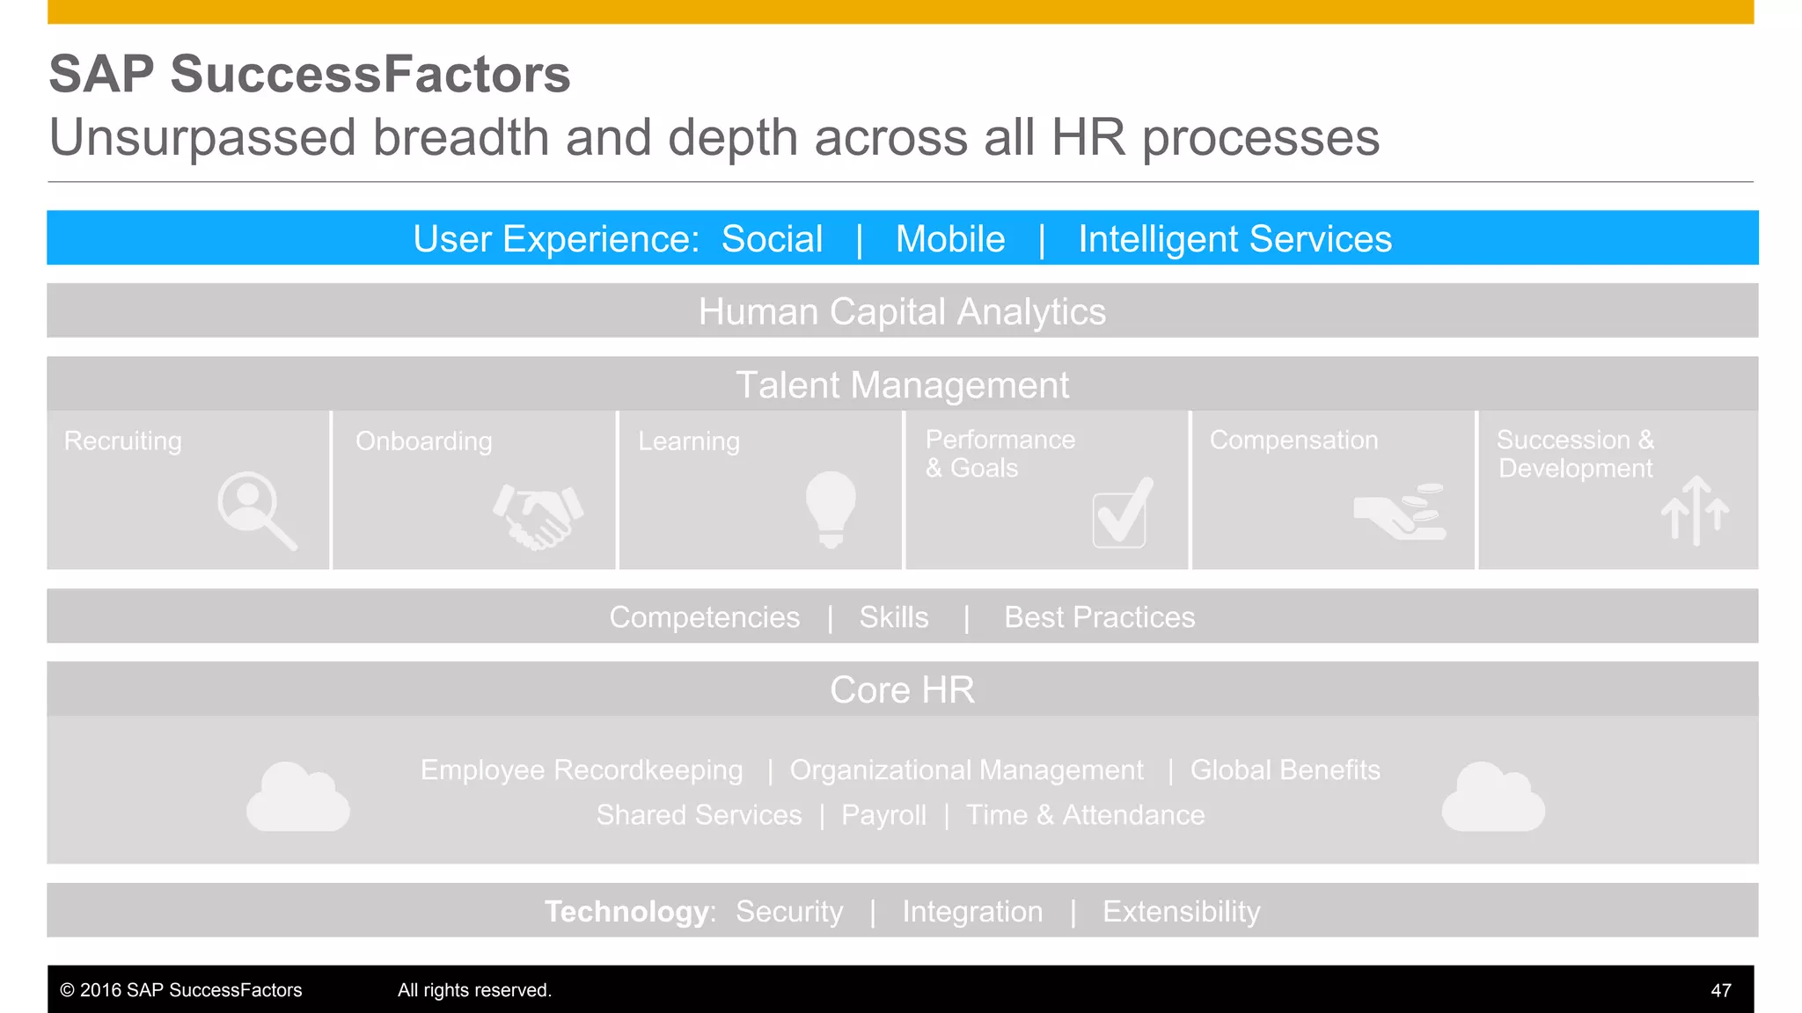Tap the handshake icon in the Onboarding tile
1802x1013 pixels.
(538, 516)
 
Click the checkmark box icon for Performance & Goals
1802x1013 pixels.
(1122, 514)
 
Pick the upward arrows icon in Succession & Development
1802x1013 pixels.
(1695, 510)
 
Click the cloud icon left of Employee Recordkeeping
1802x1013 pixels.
(298, 798)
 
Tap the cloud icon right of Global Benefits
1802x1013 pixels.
(1493, 798)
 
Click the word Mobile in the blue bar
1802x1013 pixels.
(950, 239)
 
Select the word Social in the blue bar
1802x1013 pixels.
(772, 239)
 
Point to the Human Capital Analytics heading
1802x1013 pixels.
(902, 312)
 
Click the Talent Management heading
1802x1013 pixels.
(902, 385)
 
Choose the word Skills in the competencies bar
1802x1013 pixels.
(894, 617)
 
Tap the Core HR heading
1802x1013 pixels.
(902, 690)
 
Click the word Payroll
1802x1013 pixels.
(883, 815)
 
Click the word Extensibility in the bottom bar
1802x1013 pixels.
(1181, 912)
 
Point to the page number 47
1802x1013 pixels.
(1721, 990)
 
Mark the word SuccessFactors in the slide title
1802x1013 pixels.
(370, 74)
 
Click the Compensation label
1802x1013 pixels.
(1293, 440)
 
